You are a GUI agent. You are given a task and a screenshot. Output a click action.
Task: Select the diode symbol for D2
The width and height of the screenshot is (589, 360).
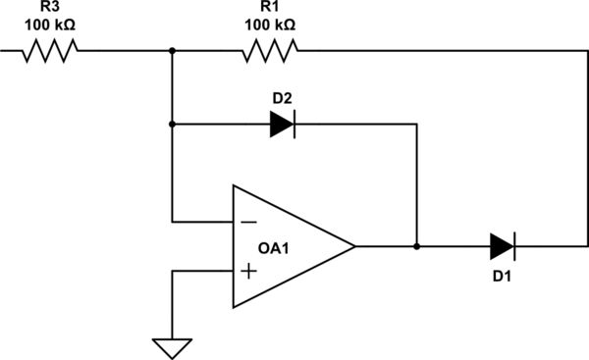[282, 124]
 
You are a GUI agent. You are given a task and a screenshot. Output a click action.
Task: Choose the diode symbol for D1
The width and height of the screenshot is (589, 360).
[502, 245]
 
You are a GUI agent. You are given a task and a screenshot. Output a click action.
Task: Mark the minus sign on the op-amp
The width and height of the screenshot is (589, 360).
[250, 222]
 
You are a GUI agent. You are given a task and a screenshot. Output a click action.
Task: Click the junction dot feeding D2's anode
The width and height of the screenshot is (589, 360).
[172, 124]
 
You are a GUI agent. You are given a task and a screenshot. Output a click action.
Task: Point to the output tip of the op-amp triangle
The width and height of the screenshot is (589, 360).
[354, 245]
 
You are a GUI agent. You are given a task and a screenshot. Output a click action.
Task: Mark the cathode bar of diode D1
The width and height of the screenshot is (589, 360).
[514, 245]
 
